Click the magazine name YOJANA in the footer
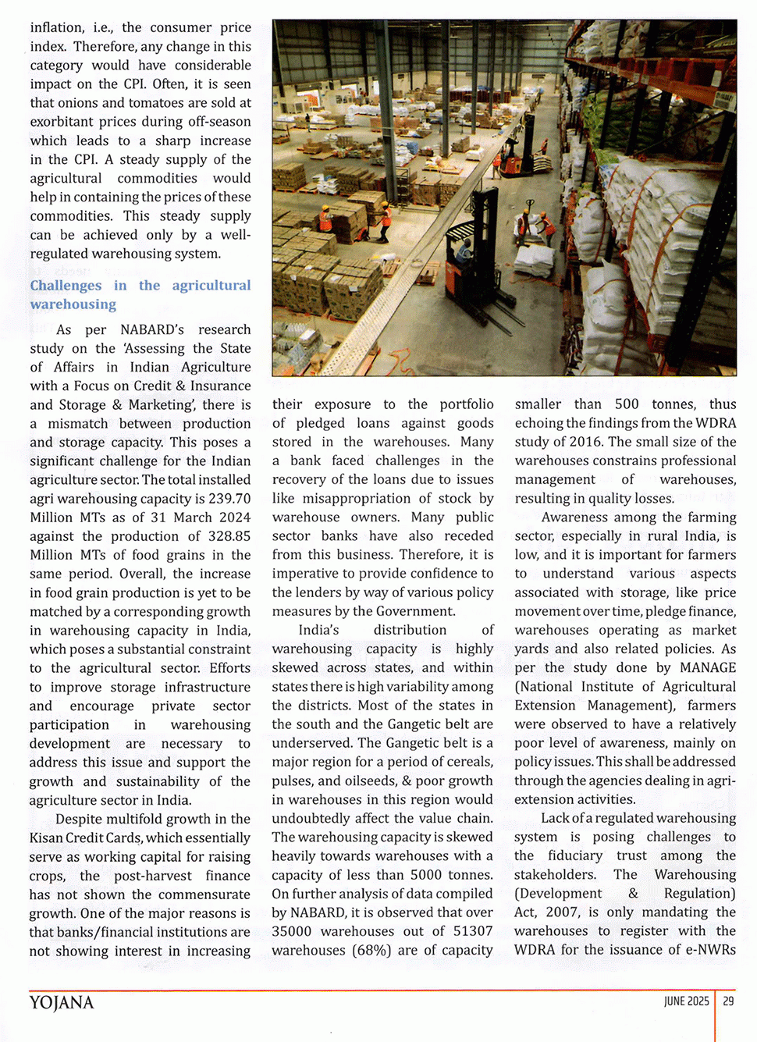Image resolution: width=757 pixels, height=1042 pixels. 62,1003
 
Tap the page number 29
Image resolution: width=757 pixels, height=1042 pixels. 728,1001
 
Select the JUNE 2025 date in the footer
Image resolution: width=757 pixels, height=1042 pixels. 687,1001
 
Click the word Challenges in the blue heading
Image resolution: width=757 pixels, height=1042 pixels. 66,286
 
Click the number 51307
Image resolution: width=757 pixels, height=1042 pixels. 473,931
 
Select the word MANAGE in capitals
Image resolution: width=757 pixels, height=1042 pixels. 708,667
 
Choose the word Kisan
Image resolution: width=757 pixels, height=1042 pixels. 46,838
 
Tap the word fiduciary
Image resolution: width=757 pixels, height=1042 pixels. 575,855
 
